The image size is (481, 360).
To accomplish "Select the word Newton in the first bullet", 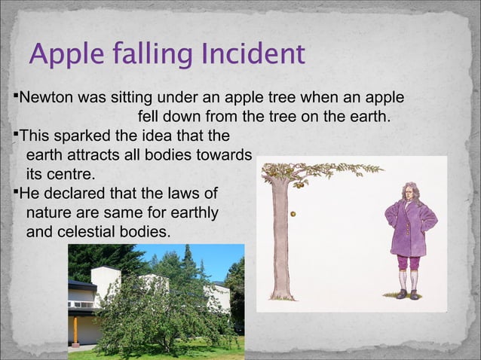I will pyautogui.click(x=44, y=98).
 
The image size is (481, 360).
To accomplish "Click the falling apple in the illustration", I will pyautogui.click(x=293, y=212).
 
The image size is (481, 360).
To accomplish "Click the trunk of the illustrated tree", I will pyautogui.click(x=280, y=241).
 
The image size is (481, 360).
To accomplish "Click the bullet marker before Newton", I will pyautogui.click(x=16, y=97).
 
